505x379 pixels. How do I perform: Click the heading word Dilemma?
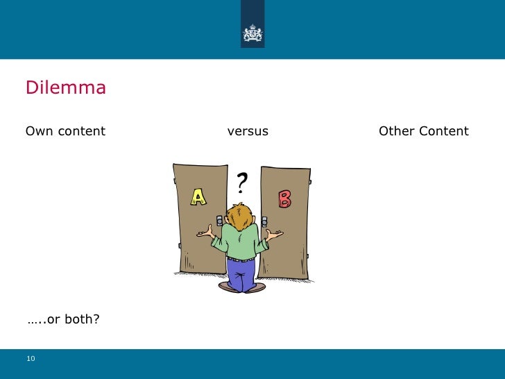[66, 88]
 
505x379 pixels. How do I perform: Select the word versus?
[248, 131]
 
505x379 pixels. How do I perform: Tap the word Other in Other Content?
[396, 131]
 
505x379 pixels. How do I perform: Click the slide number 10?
[31, 358]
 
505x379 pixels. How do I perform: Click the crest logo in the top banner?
[252, 33]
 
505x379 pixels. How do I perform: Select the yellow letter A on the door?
[199, 198]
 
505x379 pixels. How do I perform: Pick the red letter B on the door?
[284, 199]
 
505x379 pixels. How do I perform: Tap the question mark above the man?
[241, 183]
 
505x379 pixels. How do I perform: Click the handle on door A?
[220, 220]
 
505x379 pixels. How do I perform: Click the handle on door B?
[264, 220]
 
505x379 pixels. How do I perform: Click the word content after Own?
[81, 131]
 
